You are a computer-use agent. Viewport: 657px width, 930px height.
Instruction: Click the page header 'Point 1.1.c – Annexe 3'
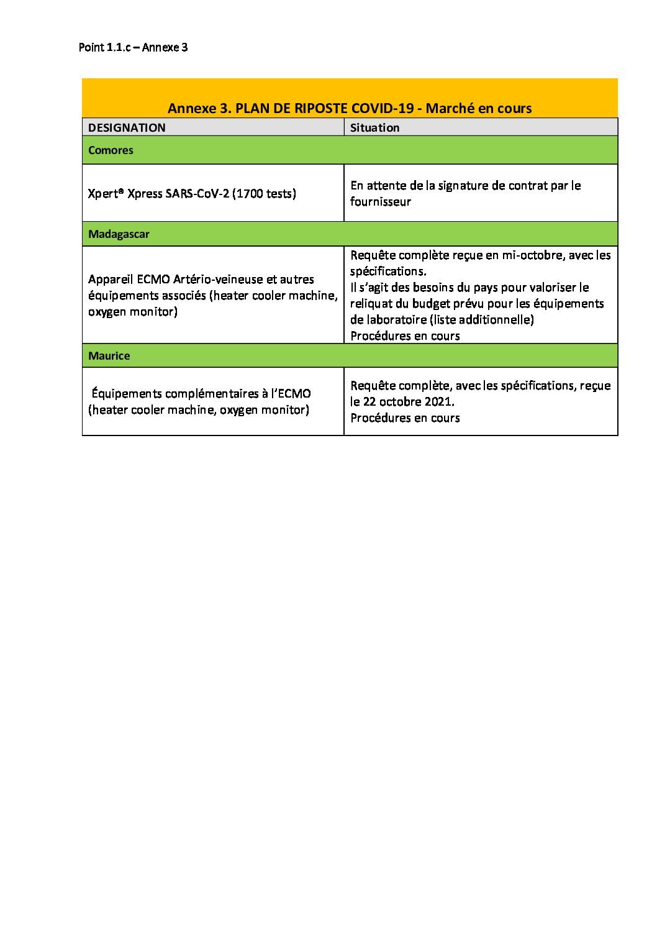tap(133, 47)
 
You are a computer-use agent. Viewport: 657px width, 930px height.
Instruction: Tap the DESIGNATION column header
tap(127, 127)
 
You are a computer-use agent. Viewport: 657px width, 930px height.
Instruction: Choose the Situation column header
tap(374, 127)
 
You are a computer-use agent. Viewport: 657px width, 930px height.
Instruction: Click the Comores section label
tap(111, 150)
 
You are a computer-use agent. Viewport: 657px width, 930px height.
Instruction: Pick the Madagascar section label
tap(119, 234)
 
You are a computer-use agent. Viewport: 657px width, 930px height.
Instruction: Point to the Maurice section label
tap(109, 355)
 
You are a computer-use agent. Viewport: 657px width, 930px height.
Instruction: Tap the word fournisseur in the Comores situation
tap(380, 201)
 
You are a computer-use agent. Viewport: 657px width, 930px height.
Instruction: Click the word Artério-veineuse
tap(218, 279)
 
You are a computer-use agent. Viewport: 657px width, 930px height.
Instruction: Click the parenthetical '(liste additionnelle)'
tap(481, 319)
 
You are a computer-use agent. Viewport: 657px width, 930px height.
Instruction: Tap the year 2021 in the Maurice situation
tap(438, 401)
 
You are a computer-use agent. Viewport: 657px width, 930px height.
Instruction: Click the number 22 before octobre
tap(369, 401)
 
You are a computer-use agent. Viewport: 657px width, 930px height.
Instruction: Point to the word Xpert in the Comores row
tap(103, 193)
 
